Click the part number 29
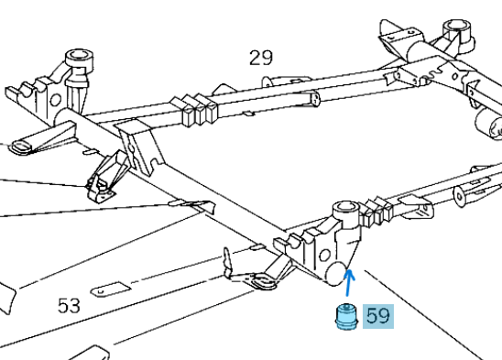tap(260, 59)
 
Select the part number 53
tap(70, 305)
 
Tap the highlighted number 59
tap(377, 317)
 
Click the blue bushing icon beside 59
tap(344, 318)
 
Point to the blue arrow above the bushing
tap(350, 280)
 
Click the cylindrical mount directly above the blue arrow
tap(345, 214)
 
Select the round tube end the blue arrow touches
tap(338, 269)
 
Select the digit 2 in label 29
tap(255, 59)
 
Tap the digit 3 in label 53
tap(76, 305)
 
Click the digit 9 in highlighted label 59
tap(384, 317)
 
